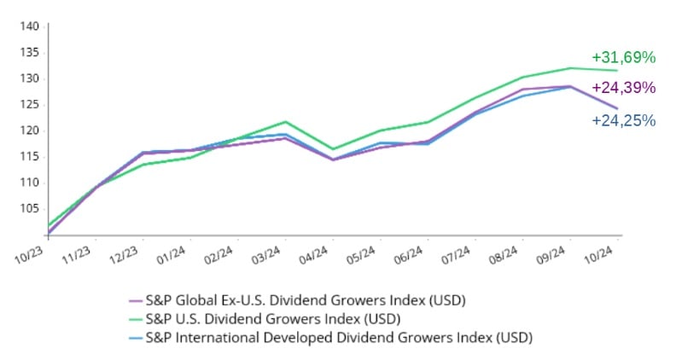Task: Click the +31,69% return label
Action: [623, 58]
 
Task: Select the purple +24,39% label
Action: [623, 88]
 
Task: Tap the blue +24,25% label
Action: [623, 121]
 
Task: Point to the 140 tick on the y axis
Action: [30, 26]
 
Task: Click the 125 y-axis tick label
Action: [30, 104]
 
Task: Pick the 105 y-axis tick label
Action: [30, 208]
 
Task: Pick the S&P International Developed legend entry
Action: [338, 338]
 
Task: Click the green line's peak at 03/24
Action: [285, 122]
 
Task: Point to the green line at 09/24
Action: [569, 68]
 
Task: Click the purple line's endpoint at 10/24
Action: [617, 108]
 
